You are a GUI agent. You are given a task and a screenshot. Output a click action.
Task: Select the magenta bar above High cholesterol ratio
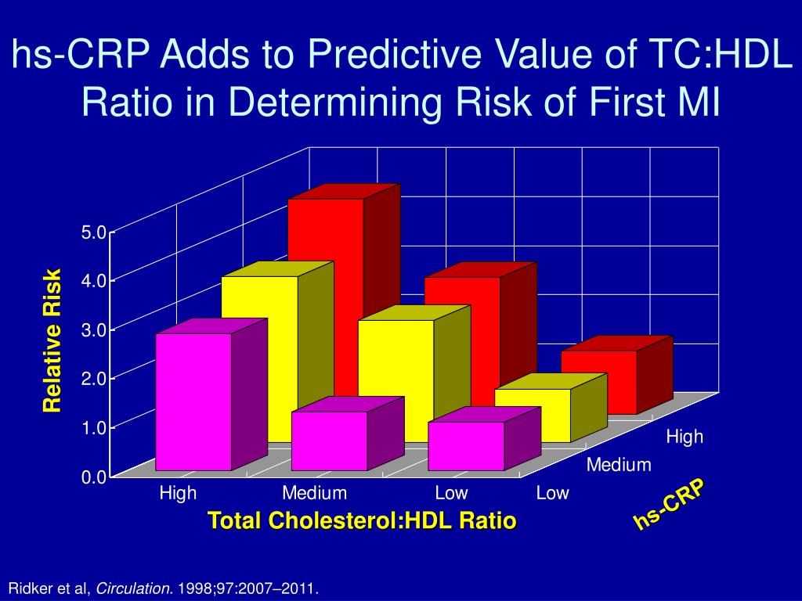pyautogui.click(x=193, y=401)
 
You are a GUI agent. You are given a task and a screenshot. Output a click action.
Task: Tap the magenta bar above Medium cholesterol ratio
pyautogui.click(x=329, y=441)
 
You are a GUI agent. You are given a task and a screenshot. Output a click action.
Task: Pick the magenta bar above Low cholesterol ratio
pyautogui.click(x=466, y=445)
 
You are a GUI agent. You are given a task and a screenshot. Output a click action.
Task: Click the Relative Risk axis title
pyautogui.click(x=52, y=340)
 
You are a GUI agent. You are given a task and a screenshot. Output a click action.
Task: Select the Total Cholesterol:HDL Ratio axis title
pyautogui.click(x=362, y=520)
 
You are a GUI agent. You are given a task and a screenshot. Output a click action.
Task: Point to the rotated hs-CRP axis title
pyautogui.click(x=669, y=505)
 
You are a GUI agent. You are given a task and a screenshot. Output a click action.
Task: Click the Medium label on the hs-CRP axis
pyautogui.click(x=619, y=466)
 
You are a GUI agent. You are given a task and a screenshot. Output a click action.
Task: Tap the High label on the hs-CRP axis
pyautogui.click(x=685, y=437)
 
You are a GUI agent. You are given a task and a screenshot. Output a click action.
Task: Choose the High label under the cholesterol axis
pyautogui.click(x=178, y=494)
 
